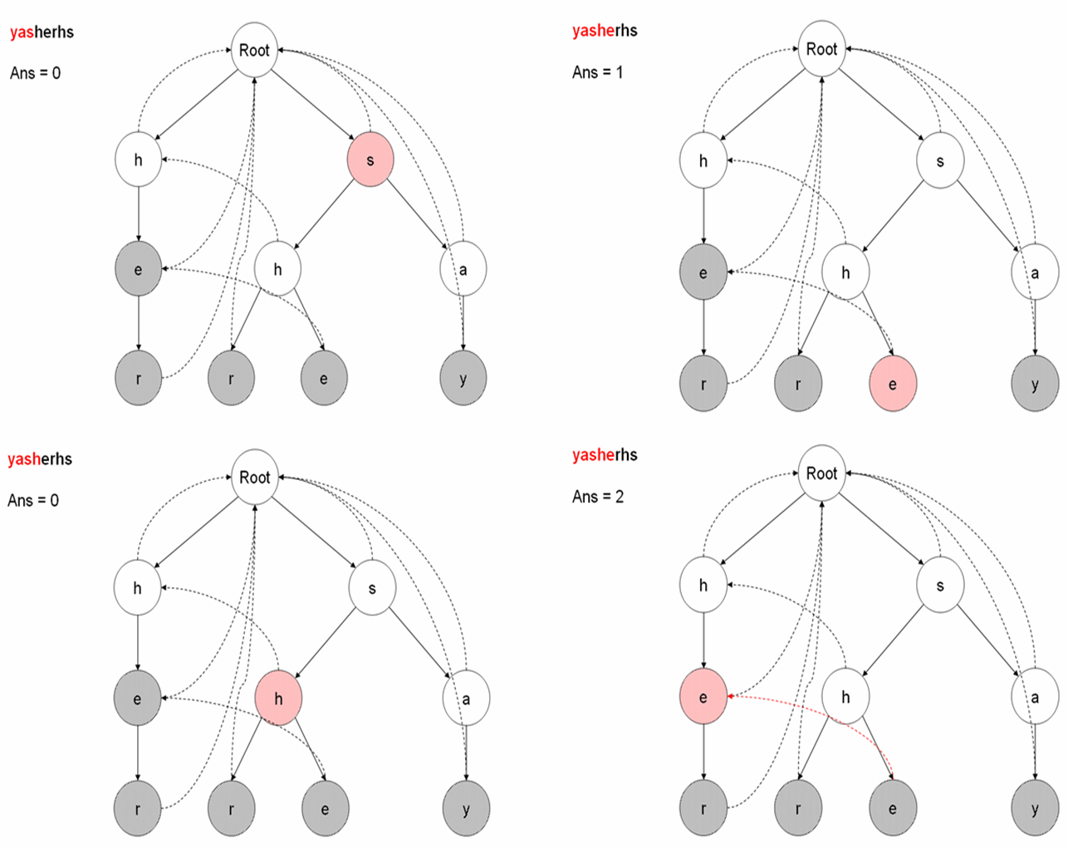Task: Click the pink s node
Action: (370, 159)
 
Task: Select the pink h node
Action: (278, 698)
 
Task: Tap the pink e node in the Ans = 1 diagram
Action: (893, 384)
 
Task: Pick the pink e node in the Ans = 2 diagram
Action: (703, 697)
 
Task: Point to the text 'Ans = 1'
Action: (597, 72)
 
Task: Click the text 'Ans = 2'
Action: (597, 497)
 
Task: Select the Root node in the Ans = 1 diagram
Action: (821, 49)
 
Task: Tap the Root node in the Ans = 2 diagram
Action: (821, 473)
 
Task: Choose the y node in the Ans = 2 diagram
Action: (1035, 808)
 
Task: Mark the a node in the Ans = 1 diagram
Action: (1035, 272)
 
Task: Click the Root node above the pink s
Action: (254, 50)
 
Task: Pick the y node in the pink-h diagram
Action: (465, 809)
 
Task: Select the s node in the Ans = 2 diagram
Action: (940, 585)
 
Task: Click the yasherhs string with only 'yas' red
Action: (42, 32)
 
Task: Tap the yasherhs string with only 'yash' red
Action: (40, 458)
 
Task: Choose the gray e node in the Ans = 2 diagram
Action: (893, 808)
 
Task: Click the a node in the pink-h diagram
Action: (465, 698)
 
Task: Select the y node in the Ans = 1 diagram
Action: (1035, 384)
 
